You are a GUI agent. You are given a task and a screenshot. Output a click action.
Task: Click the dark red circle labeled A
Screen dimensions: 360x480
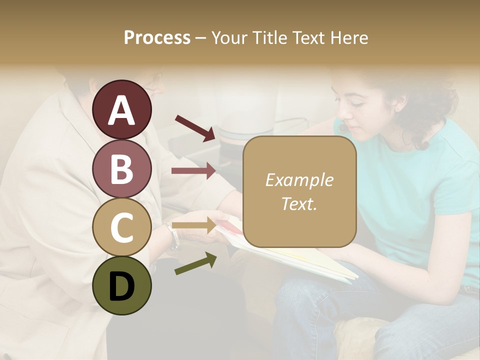click(122, 109)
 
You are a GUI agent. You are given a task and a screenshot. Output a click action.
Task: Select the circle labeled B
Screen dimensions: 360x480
click(122, 168)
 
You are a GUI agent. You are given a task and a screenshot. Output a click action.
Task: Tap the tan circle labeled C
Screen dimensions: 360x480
click(122, 227)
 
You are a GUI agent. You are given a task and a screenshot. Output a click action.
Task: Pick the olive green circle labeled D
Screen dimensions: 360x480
click(122, 285)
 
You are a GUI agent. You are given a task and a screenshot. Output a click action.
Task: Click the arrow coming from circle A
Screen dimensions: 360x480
click(195, 127)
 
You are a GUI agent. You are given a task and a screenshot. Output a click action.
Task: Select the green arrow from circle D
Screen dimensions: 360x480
click(195, 263)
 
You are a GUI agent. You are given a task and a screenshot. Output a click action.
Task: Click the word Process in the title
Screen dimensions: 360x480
click(157, 37)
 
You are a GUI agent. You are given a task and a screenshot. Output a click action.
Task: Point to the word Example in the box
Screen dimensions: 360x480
click(299, 180)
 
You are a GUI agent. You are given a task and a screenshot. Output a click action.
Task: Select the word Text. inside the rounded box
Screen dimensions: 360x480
click(299, 203)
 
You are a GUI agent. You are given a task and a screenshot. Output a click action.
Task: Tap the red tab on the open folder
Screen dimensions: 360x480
click(227, 226)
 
